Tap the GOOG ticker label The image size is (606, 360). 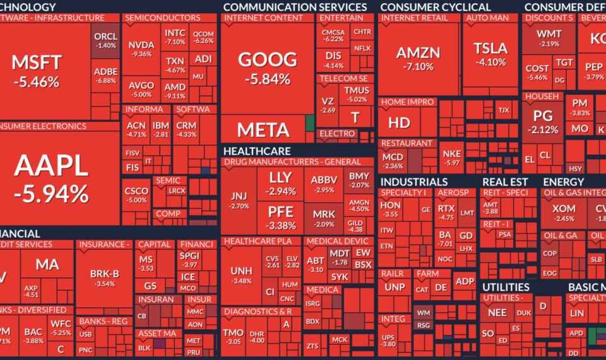(267, 60)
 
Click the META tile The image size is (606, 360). (263, 130)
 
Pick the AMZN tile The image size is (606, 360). (418, 57)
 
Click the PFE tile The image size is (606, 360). (281, 217)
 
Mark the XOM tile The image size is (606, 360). (563, 212)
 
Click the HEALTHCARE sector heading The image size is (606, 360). (257, 152)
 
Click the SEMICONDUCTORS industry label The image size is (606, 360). (163, 18)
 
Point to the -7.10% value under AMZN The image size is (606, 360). (418, 66)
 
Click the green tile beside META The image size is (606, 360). (309, 123)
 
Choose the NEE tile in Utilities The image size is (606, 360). (497, 313)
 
